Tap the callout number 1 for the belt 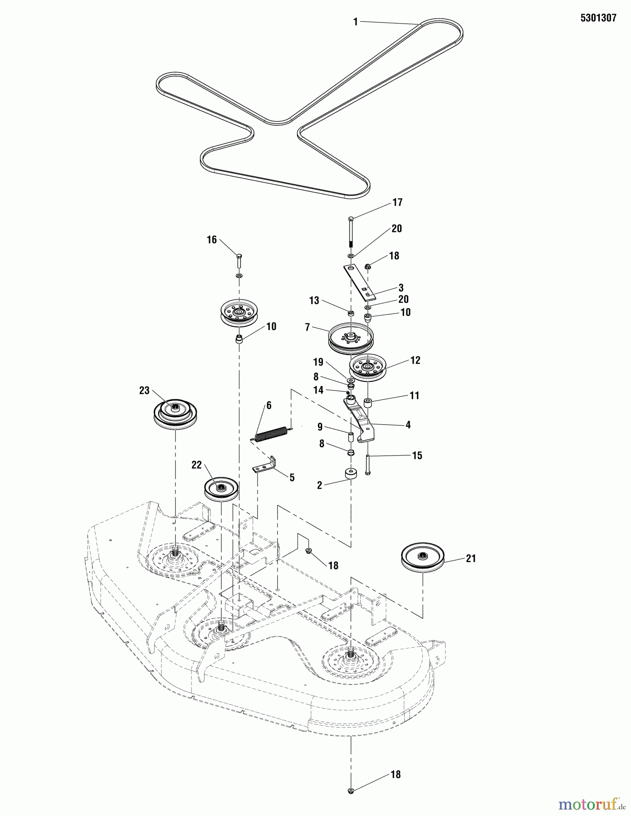tap(356, 22)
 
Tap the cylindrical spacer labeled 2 tap(350, 474)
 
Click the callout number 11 tap(414, 395)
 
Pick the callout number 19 tap(318, 362)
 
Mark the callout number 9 tap(320, 427)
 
